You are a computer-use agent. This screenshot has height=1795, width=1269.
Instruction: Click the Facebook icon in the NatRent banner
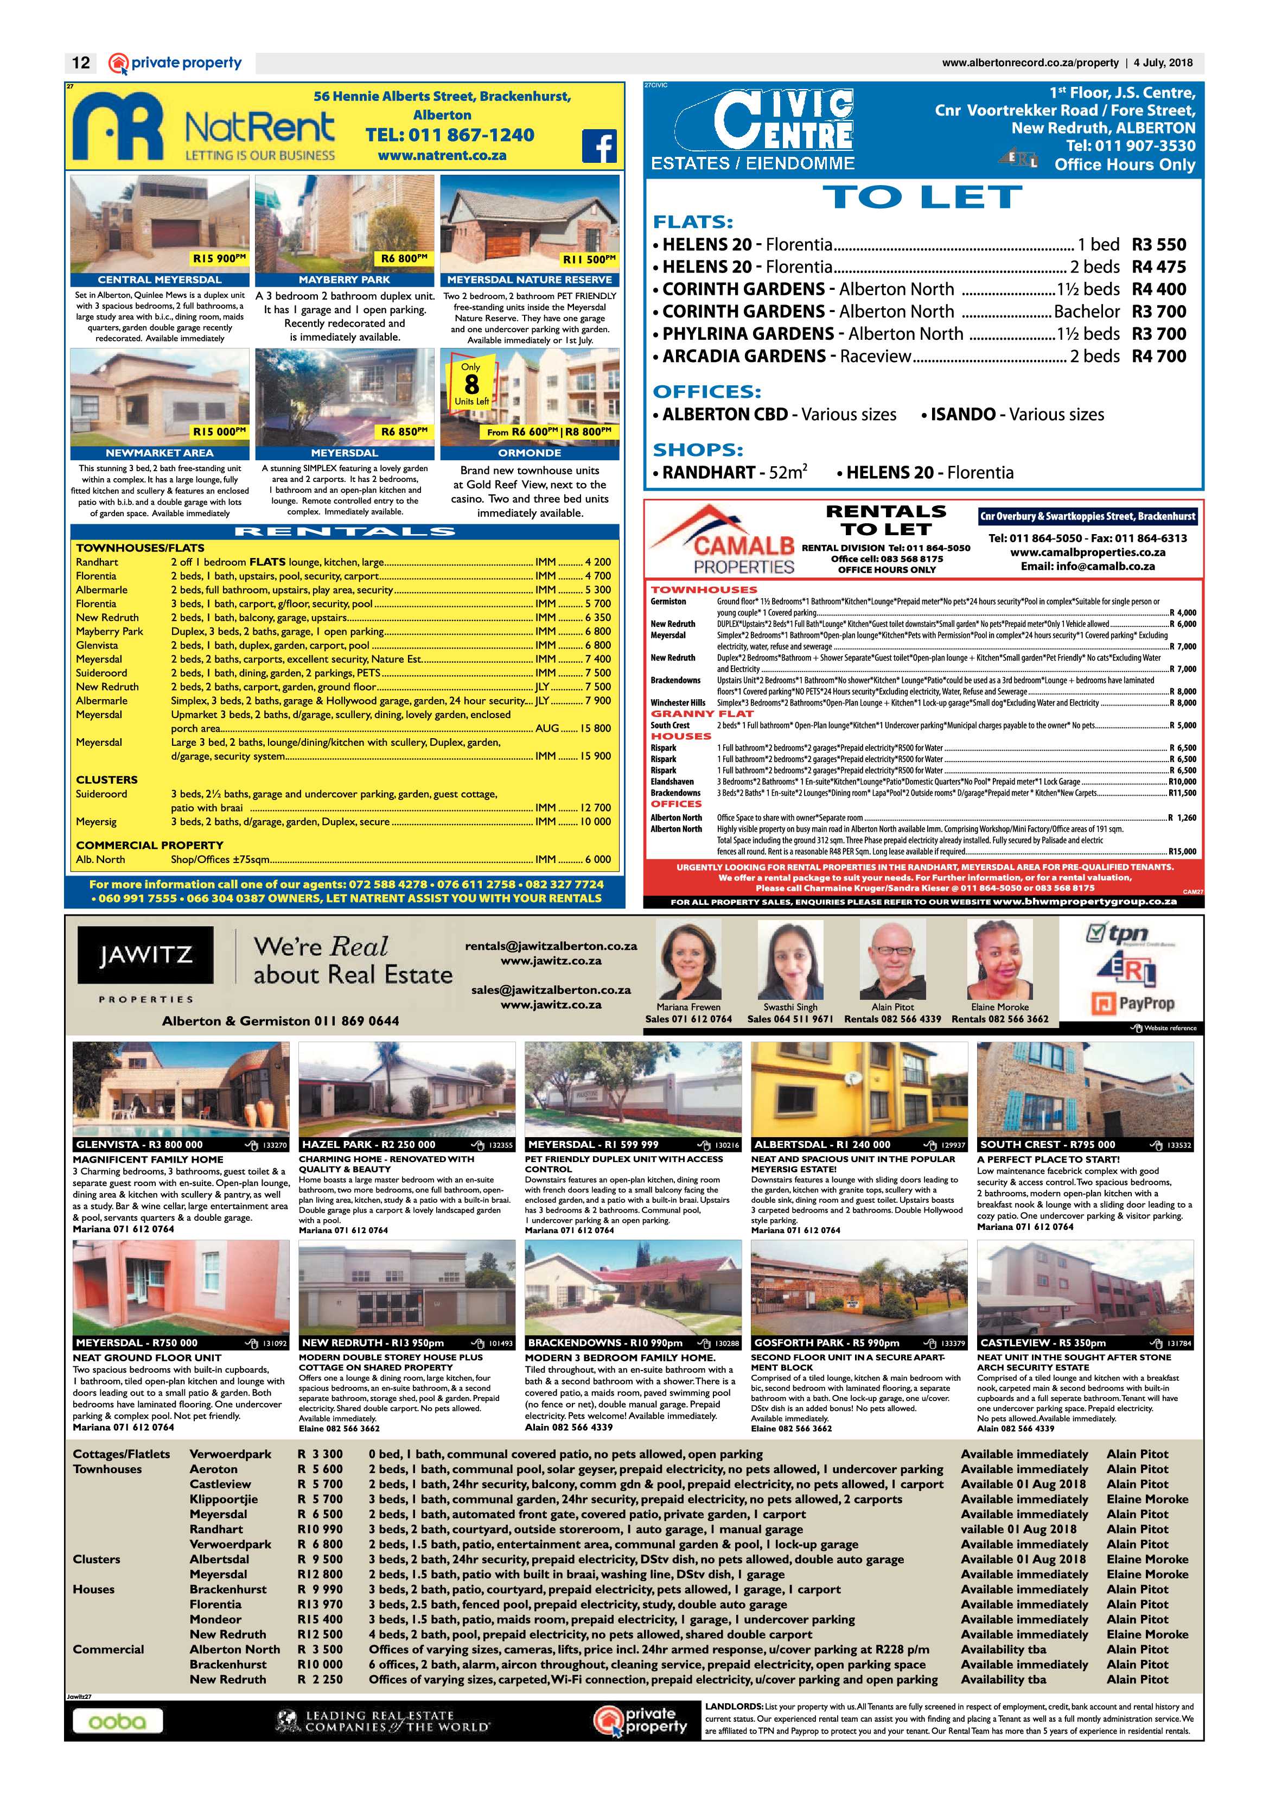600,145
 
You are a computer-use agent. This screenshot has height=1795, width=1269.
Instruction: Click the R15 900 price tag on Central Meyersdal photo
220,259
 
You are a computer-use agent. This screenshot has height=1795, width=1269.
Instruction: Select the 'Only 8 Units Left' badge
471,384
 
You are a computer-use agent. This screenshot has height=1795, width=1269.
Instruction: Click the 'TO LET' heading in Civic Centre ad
923,197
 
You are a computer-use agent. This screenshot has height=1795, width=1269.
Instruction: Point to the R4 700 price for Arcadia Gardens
1159,357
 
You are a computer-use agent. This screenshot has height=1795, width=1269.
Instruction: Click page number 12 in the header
80,62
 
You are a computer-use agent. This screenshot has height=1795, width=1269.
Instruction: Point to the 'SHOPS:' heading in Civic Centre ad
698,449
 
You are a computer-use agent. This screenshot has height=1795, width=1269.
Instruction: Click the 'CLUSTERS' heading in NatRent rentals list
106,779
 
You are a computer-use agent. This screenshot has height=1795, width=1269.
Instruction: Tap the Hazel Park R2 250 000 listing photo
406,1089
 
